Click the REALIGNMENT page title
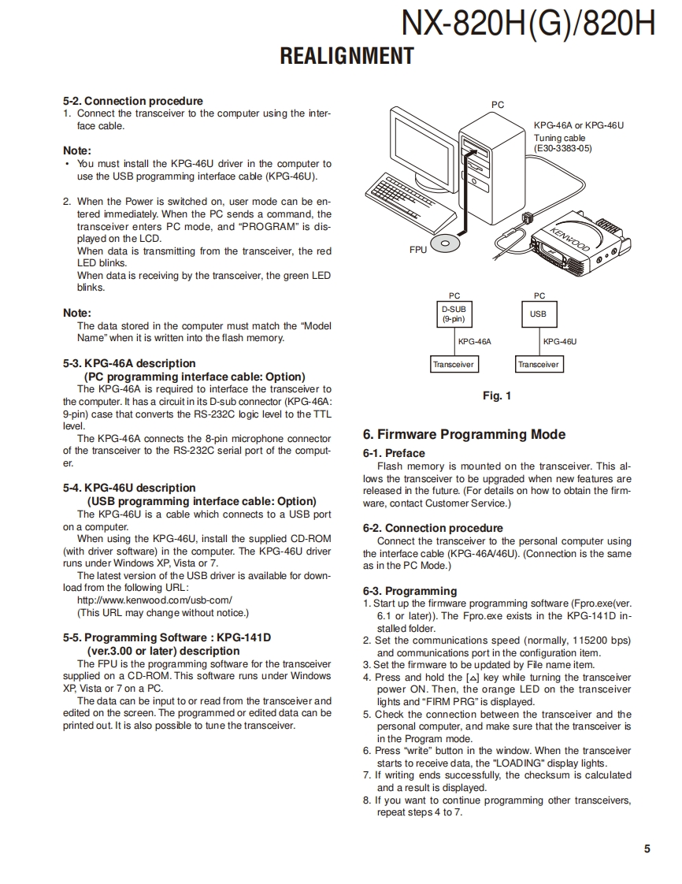point(347,56)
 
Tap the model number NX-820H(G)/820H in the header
point(528,24)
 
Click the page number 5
point(647,849)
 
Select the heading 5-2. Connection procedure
point(132,101)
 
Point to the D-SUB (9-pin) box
point(453,314)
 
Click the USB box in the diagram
point(538,314)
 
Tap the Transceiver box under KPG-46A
point(453,365)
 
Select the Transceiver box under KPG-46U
point(538,365)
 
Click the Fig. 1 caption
point(496,396)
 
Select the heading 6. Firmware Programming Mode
point(464,434)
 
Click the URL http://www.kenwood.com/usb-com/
point(154,600)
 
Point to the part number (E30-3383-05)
point(562,148)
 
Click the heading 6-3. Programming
point(410,591)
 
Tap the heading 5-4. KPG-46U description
point(129,488)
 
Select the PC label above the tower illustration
point(497,105)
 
